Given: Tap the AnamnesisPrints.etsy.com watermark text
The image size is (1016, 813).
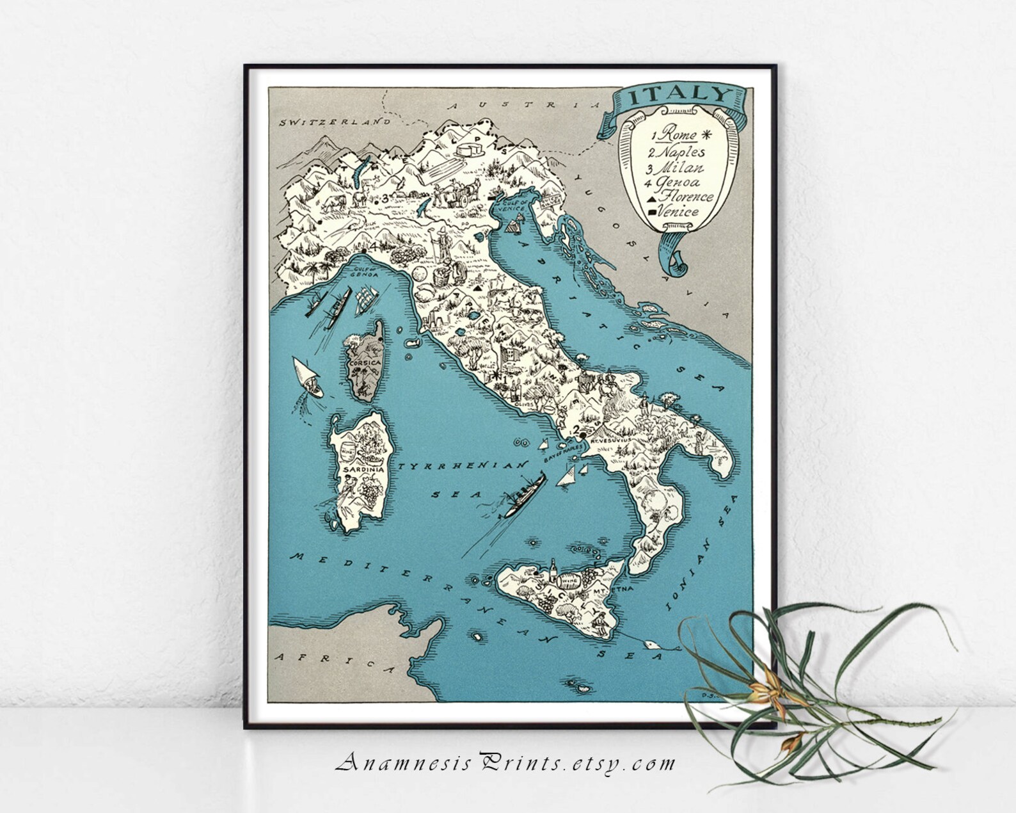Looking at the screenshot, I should pos(505,762).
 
